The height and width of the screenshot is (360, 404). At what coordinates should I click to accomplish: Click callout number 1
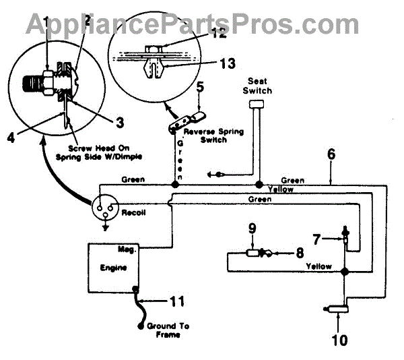46,25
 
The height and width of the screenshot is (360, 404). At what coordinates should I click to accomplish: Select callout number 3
120,122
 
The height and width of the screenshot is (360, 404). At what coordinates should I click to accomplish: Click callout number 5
199,87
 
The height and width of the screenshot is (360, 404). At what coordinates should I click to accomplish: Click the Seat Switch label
259,85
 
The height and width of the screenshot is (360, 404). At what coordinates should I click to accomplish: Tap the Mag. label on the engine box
127,249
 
